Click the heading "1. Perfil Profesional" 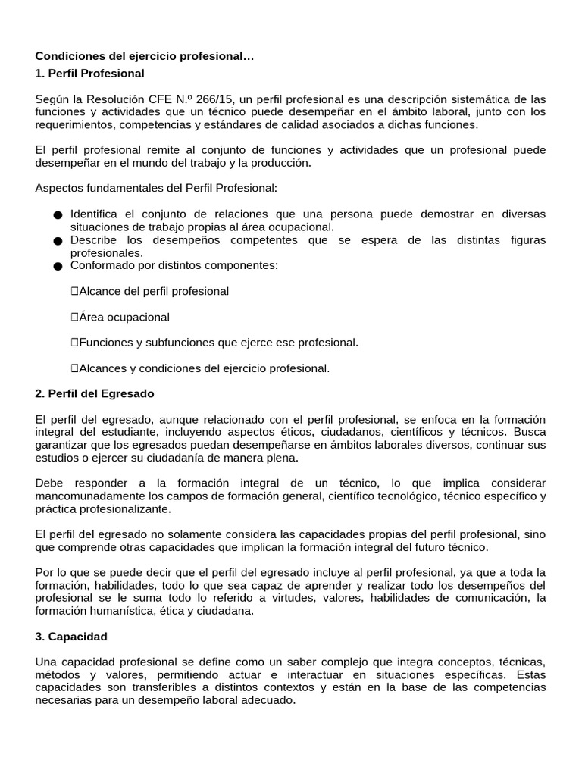click(x=89, y=74)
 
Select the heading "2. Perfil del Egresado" click(x=95, y=393)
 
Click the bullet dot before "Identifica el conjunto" click(x=58, y=215)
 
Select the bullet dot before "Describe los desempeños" click(x=58, y=241)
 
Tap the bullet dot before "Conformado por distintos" click(x=58, y=266)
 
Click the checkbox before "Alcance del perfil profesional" click(x=75, y=291)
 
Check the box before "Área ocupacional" click(x=75, y=317)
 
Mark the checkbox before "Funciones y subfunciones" click(x=75, y=343)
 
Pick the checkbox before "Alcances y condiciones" click(x=75, y=368)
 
